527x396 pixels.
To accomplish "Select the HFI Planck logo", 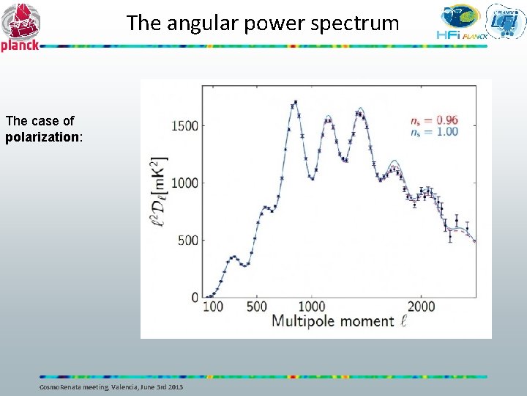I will pos(459,21).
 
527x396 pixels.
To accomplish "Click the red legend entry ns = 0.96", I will pos(435,120).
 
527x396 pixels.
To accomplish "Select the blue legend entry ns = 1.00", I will pos(435,131).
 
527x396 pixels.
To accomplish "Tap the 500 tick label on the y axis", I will pos(188,240).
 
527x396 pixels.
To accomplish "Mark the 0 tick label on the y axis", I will pos(195,297).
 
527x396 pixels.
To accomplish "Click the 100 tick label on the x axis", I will pos(213,306).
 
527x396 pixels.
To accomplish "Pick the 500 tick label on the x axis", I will pos(256,306).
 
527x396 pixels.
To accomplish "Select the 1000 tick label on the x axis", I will pos(312,306).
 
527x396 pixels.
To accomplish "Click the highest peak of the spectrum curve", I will pos(295,103).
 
